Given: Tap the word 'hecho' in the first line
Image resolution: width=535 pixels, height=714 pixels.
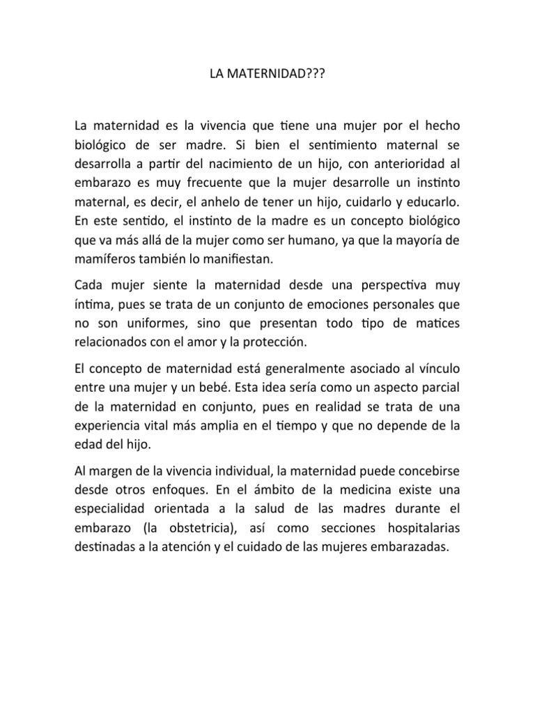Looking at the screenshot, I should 442,126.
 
